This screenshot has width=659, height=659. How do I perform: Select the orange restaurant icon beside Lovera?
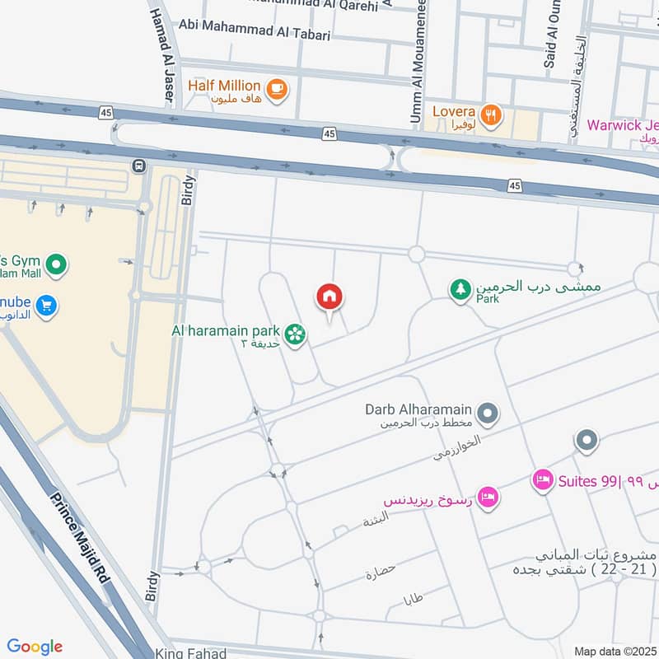[491, 115]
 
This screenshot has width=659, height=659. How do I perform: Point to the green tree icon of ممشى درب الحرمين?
[460, 289]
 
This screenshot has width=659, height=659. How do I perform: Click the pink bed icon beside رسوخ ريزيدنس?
[488, 498]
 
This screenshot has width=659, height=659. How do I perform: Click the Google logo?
[35, 647]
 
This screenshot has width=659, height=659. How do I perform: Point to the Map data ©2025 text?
[614, 652]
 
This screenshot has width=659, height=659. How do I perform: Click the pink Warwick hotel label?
[622, 126]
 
